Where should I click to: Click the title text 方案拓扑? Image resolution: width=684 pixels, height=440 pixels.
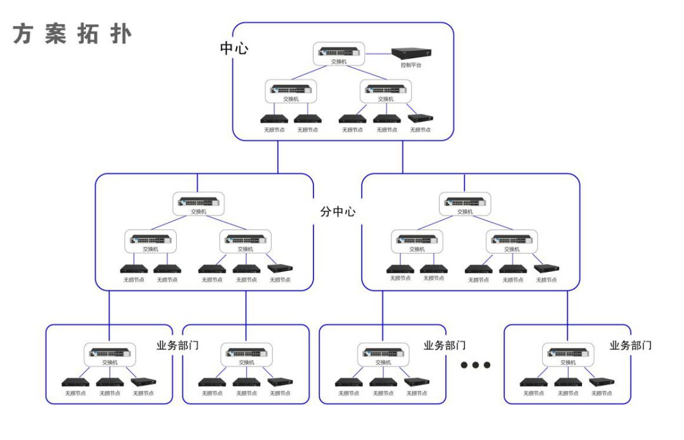(72, 35)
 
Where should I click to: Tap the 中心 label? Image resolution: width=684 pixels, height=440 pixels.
(234, 48)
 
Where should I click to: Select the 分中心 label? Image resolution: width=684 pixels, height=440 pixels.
(338, 212)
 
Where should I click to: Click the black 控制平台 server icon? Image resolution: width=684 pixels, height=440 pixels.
(410, 54)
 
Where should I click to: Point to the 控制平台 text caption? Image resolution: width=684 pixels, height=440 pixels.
(410, 65)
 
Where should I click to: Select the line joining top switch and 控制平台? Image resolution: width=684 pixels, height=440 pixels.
(378, 53)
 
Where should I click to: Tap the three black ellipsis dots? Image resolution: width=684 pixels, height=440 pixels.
(476, 365)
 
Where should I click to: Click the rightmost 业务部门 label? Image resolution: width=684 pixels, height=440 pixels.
(630, 346)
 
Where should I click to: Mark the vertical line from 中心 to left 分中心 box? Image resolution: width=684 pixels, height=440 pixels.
(277, 157)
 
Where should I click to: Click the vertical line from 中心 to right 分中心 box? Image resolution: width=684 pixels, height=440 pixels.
(403, 157)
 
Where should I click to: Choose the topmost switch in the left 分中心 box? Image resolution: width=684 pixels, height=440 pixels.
(199, 202)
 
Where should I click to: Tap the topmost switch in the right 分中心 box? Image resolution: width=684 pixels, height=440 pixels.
(465, 202)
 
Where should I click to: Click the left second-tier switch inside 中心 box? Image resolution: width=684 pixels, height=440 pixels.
(291, 89)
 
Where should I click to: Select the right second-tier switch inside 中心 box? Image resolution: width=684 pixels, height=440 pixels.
(386, 89)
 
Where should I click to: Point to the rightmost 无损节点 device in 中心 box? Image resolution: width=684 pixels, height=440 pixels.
(420, 118)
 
